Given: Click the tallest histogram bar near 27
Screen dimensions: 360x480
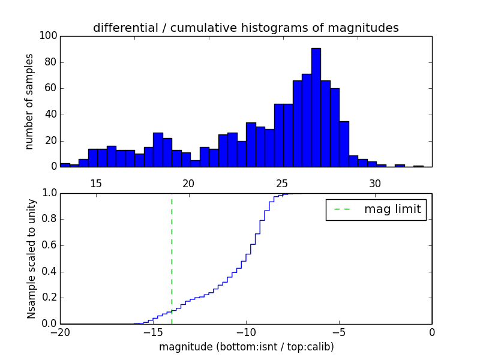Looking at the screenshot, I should (316, 108).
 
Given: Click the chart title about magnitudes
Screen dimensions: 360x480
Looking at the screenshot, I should (245, 28).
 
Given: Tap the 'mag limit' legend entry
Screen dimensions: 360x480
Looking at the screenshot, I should (376, 209).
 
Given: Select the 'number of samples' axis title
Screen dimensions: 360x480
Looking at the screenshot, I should (29, 101).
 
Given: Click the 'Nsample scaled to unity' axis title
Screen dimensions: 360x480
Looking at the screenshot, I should (31, 259).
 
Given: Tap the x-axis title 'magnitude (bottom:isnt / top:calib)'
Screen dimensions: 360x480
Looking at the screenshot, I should (246, 347).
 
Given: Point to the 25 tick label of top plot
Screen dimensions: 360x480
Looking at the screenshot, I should (282, 184).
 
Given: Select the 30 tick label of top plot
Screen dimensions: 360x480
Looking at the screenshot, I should (375, 184).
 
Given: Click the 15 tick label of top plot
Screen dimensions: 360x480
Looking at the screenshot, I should (96, 184).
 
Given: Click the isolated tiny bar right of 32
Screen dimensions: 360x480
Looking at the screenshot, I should (418, 166).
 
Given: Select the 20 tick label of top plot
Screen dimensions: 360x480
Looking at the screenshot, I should (189, 184).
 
